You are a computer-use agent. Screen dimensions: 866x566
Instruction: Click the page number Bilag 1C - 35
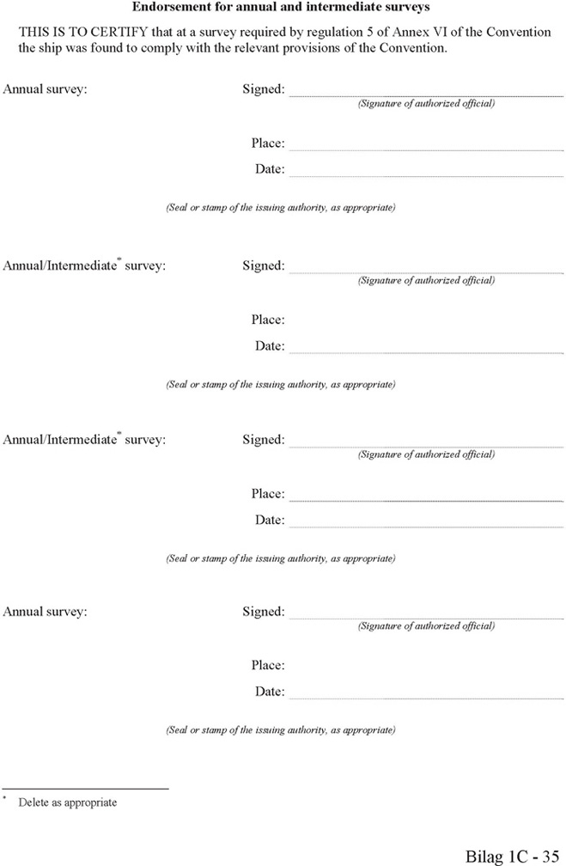click(x=513, y=856)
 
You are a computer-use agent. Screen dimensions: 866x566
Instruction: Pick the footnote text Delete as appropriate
click(x=67, y=802)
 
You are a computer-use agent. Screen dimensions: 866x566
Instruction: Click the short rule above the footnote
click(x=85, y=788)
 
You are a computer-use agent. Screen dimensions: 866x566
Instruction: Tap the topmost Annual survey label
click(x=45, y=88)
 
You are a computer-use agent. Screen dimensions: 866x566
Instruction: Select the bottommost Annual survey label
click(x=45, y=612)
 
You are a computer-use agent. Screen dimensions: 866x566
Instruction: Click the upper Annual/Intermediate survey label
click(x=84, y=265)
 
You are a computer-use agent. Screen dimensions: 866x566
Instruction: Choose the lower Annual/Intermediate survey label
click(x=84, y=439)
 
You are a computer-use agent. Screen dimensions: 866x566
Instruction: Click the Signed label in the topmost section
click(x=263, y=88)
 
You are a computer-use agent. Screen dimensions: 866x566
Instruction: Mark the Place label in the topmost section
click(x=268, y=143)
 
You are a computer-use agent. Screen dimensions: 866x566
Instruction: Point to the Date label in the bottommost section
click(x=270, y=692)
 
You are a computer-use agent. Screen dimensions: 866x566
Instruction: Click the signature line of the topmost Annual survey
click(x=426, y=95)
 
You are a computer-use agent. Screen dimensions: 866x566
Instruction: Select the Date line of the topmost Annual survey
click(x=426, y=175)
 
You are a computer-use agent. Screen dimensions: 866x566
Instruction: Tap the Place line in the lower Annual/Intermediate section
click(x=426, y=500)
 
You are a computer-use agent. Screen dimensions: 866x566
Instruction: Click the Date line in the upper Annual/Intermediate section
click(x=426, y=352)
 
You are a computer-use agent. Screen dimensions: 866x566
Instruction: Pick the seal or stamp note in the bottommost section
click(x=281, y=730)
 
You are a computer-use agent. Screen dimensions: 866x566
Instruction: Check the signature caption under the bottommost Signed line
click(x=426, y=626)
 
